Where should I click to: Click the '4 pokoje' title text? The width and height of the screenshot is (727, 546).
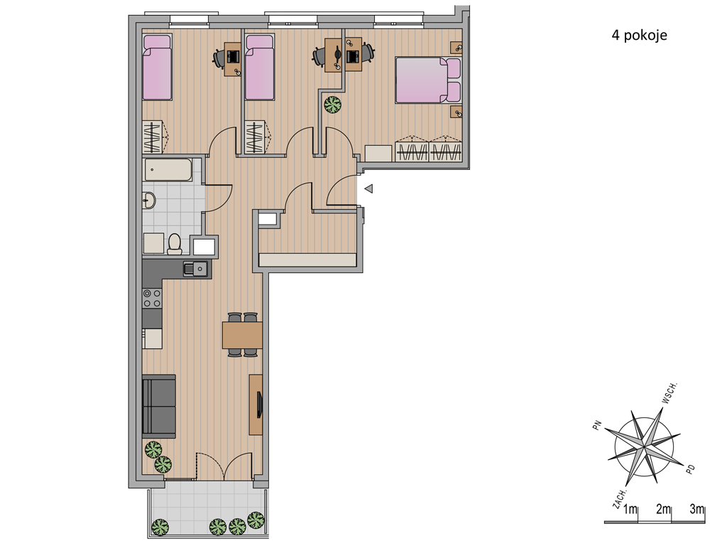(x=640, y=36)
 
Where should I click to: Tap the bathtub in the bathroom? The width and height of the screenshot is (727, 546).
(x=168, y=170)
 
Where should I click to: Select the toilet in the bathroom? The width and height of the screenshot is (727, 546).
(x=175, y=245)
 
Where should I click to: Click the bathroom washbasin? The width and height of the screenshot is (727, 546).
(x=149, y=201)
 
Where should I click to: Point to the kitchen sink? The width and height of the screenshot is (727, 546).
(x=196, y=268)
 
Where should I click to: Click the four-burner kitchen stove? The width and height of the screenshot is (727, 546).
(x=152, y=298)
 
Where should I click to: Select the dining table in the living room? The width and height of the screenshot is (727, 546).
(x=243, y=335)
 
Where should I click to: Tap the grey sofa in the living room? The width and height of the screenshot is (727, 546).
(x=158, y=406)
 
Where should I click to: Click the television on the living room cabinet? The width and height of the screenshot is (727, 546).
(x=260, y=404)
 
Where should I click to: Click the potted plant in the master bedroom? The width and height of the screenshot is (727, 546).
(x=332, y=105)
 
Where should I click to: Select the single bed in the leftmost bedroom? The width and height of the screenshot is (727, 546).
(x=157, y=68)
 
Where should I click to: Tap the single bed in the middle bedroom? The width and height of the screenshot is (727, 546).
(x=260, y=68)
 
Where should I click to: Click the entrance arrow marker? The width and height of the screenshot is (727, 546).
(x=369, y=189)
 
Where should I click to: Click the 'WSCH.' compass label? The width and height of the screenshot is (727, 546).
(x=669, y=392)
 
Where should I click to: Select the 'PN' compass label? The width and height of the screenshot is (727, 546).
(x=597, y=425)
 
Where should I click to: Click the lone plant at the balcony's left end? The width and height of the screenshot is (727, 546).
(x=160, y=527)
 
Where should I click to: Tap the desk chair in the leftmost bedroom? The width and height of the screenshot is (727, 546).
(x=219, y=58)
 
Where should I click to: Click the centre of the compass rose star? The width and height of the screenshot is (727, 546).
(x=644, y=446)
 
